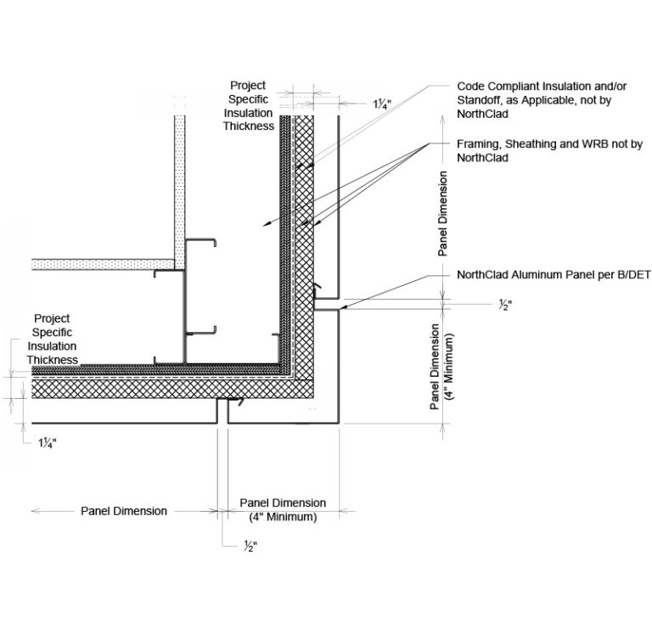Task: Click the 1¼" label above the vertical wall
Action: point(382,104)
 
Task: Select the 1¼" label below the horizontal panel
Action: point(48,443)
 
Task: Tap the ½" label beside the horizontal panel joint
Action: point(505,306)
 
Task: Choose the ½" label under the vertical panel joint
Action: point(250,546)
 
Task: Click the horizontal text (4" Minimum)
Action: point(283,518)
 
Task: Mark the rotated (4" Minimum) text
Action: point(449,367)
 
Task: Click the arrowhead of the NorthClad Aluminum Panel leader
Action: point(343,307)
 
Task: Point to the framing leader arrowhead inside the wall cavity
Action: point(266,224)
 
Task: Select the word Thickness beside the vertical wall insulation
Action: point(249,126)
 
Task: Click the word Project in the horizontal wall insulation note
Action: point(52,319)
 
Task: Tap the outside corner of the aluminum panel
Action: point(339,424)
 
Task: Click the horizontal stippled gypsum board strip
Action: point(103,265)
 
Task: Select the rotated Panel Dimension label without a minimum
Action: point(443,214)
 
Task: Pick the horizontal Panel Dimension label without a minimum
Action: point(124,511)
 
